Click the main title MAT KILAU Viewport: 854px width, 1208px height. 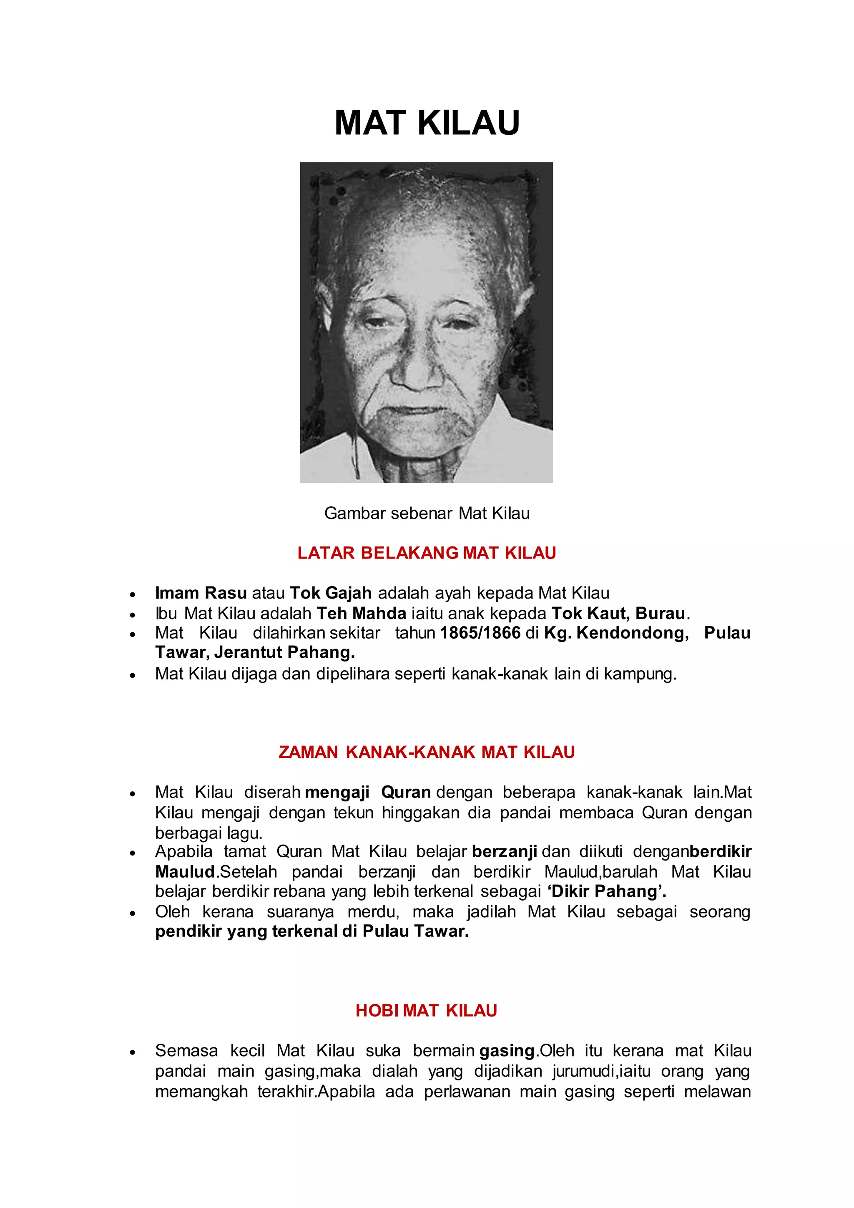pyautogui.click(x=427, y=123)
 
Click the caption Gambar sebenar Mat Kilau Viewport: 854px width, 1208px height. pyautogui.click(x=427, y=513)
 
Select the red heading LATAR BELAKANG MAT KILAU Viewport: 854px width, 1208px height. pyautogui.click(x=427, y=553)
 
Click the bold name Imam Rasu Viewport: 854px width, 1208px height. pyautogui.click(x=201, y=593)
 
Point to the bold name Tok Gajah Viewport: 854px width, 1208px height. pyautogui.click(x=331, y=593)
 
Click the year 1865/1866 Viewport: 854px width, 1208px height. pyautogui.click(x=480, y=633)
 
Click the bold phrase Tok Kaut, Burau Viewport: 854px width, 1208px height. pyautogui.click(x=618, y=614)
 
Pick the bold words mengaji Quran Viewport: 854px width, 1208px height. pyautogui.click(x=368, y=793)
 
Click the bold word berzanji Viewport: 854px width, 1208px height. pyautogui.click(x=504, y=851)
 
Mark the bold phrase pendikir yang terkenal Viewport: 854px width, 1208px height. pyautogui.click(x=246, y=932)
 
